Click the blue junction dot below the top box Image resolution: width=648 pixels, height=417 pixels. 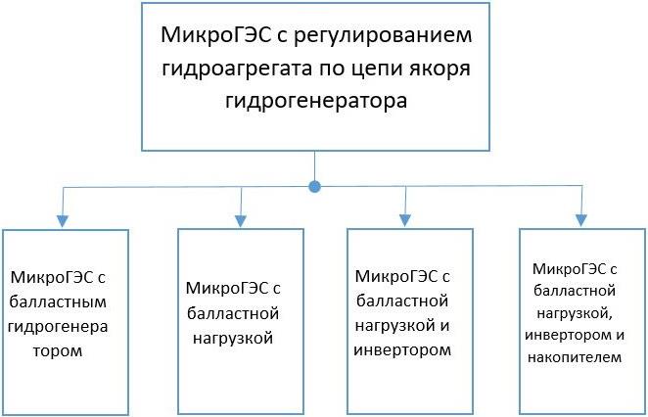coord(314,185)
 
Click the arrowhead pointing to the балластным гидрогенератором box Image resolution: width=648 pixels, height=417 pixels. coord(64,221)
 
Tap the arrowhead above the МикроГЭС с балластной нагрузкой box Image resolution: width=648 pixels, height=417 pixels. coord(240,221)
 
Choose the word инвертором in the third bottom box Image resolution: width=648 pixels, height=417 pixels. coord(403,349)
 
